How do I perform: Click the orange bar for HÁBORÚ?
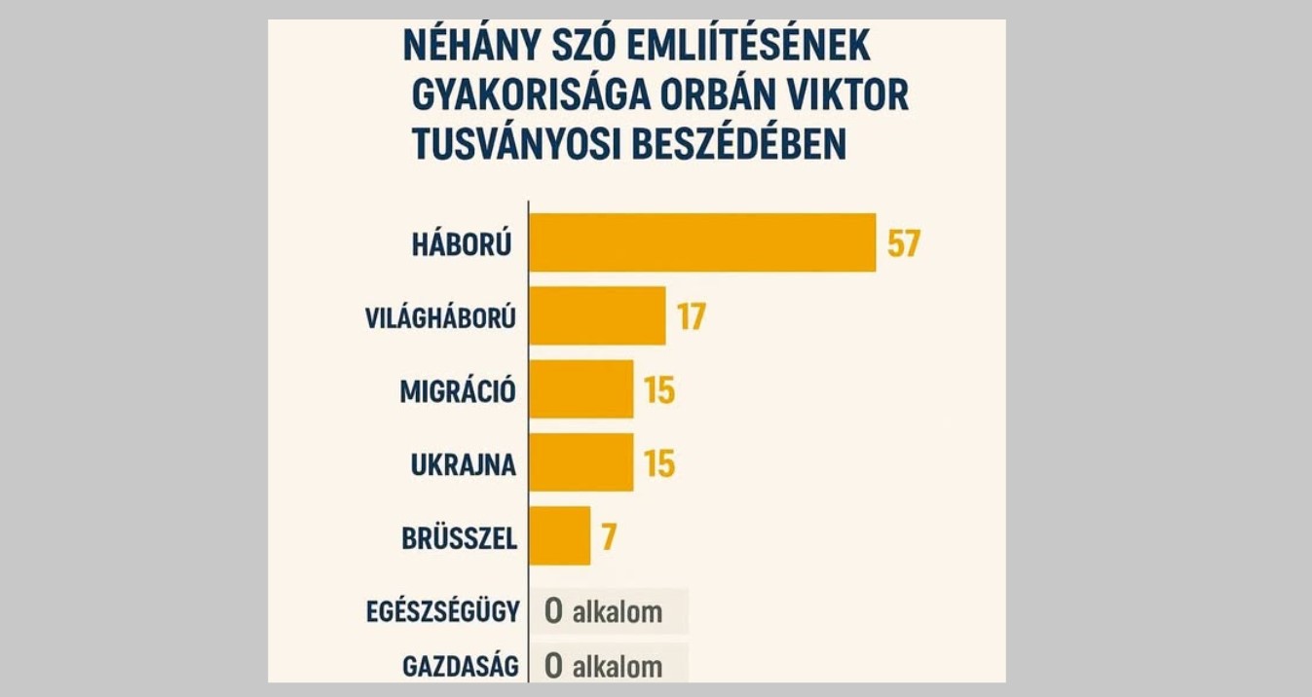click(x=701, y=242)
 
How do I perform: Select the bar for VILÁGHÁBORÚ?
click(x=597, y=316)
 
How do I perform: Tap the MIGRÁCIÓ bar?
click(x=581, y=389)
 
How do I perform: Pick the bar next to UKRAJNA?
click(x=581, y=462)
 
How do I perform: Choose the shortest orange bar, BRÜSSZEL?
click(x=559, y=535)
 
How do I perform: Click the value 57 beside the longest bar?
click(x=903, y=242)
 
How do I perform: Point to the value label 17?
click(x=691, y=317)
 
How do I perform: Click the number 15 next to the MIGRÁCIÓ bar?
click(x=659, y=390)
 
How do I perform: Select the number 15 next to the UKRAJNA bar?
click(x=659, y=463)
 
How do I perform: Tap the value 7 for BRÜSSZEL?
click(x=609, y=536)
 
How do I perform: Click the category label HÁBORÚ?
click(x=462, y=243)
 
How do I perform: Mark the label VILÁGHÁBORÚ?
click(x=440, y=317)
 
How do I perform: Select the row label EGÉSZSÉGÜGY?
click(x=443, y=611)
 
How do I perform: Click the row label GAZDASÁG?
click(x=460, y=667)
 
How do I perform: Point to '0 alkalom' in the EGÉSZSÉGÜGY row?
click(x=604, y=611)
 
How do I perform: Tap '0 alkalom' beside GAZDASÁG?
click(x=604, y=667)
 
